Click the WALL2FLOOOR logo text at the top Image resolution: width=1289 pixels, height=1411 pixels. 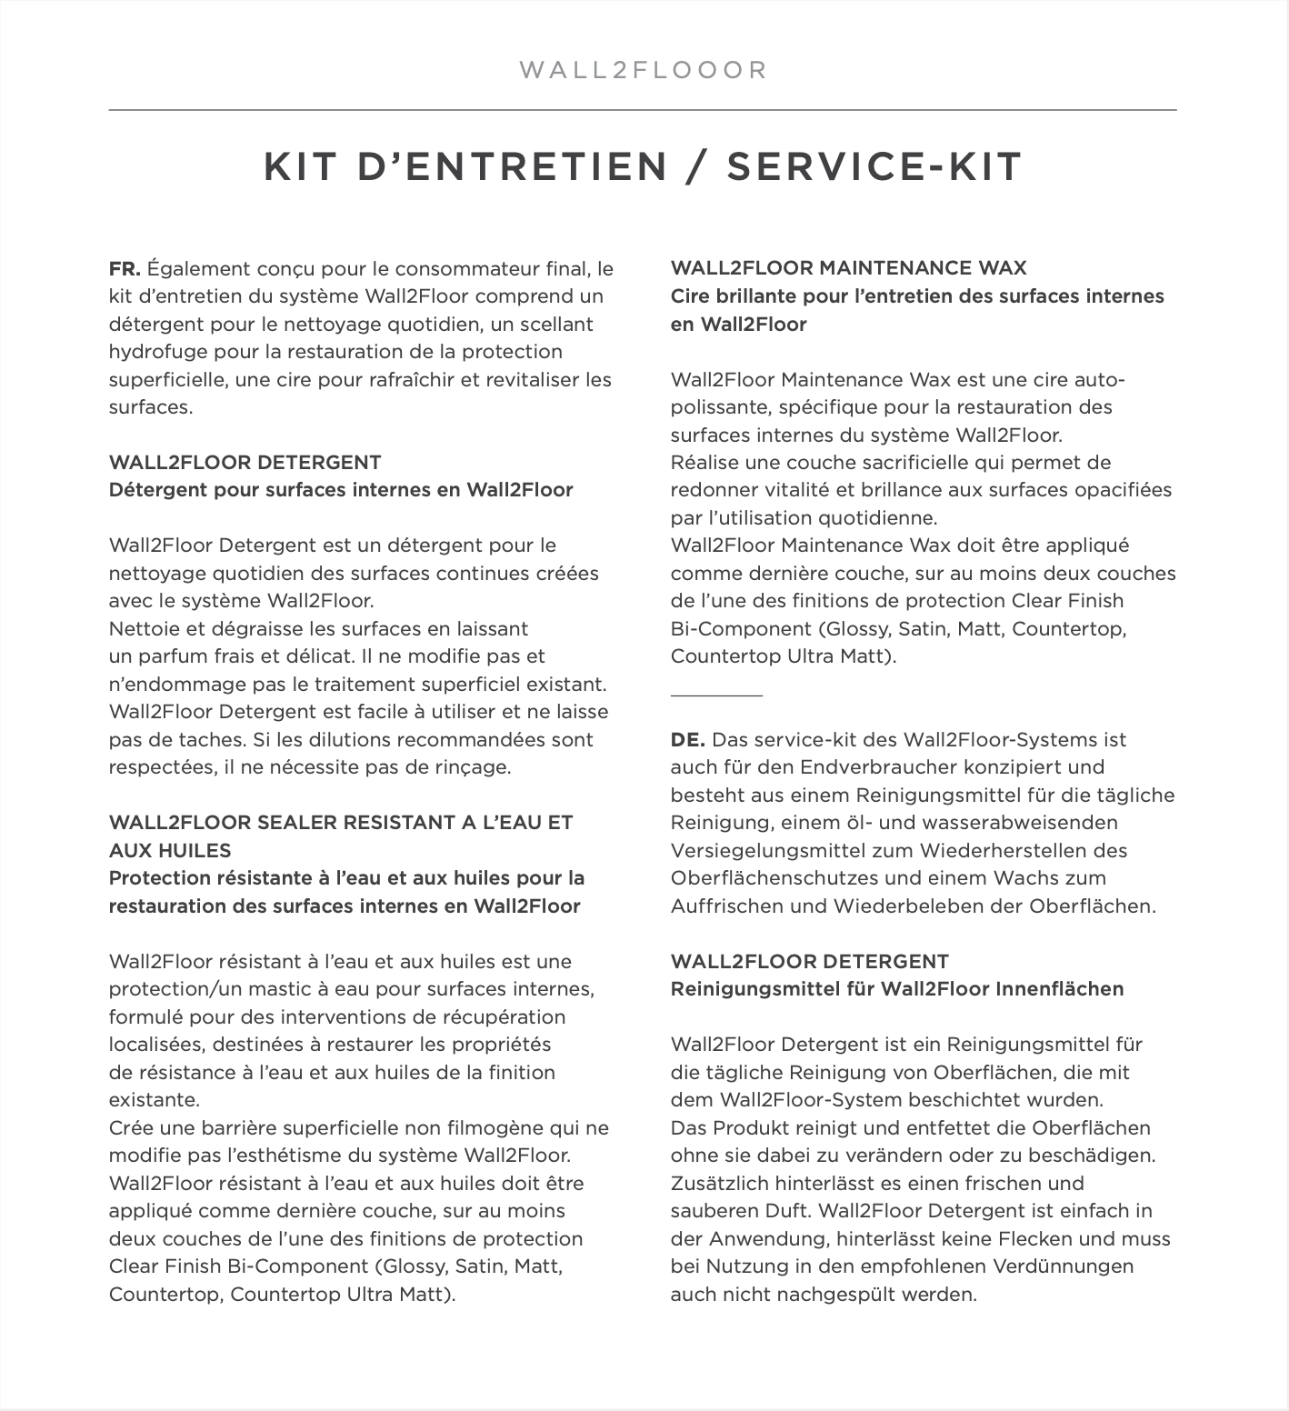pos(644,70)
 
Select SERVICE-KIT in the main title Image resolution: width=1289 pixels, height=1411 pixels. pos(874,167)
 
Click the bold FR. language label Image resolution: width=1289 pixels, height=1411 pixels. pos(125,269)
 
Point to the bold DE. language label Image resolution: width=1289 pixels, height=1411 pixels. pos(687,740)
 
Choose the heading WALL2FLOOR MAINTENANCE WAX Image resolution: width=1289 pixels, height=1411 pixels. pos(848,268)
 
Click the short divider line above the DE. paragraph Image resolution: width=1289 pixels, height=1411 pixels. pos(716,695)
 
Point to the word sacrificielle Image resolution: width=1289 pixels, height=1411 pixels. pos(874,463)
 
